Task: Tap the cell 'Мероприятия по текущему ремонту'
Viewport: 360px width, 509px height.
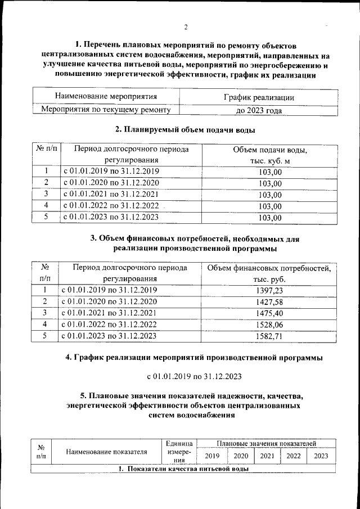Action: tap(102, 110)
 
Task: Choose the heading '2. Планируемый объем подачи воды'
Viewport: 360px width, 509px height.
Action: tap(185, 130)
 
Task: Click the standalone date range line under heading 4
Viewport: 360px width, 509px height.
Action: tap(195, 376)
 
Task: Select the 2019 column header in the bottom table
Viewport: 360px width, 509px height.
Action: tap(212, 456)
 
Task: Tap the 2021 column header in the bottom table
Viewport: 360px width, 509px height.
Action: tap(267, 456)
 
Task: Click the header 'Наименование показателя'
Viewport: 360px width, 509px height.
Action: tap(107, 451)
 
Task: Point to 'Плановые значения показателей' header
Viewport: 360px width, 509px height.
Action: tap(267, 444)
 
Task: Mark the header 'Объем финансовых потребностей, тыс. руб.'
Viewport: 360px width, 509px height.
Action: tap(269, 273)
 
